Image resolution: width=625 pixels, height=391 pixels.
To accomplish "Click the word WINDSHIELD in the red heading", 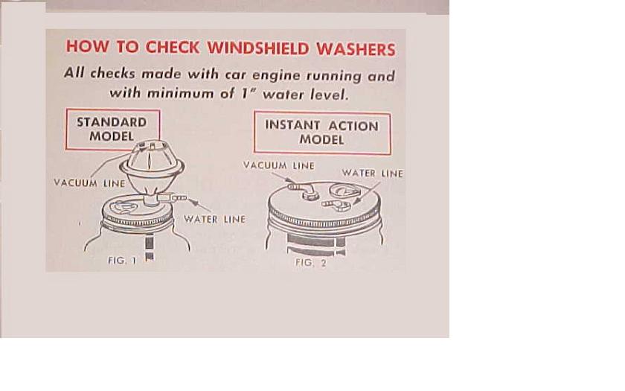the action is tap(258, 48).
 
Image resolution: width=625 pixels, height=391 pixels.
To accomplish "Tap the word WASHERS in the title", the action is tap(356, 49).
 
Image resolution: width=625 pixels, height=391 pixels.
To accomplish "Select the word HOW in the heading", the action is tap(87, 46).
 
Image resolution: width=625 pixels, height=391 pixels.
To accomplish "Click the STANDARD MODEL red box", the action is tap(113, 130).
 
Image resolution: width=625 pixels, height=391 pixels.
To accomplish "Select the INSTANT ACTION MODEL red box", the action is tap(322, 133).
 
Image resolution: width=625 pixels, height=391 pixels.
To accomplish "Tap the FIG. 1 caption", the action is tap(122, 261).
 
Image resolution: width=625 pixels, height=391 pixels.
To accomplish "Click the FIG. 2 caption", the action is tap(311, 263).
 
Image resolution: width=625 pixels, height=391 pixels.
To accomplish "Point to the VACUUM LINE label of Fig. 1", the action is tap(89, 183).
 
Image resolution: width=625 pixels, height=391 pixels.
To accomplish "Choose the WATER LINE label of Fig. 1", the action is tap(214, 219).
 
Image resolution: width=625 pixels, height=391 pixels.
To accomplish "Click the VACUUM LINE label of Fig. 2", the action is tap(278, 165).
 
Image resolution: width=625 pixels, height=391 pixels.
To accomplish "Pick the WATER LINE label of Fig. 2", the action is tap(372, 173).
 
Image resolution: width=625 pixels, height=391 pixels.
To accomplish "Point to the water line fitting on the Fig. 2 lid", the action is tap(336, 205).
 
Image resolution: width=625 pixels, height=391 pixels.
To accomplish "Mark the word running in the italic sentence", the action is tap(334, 76).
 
